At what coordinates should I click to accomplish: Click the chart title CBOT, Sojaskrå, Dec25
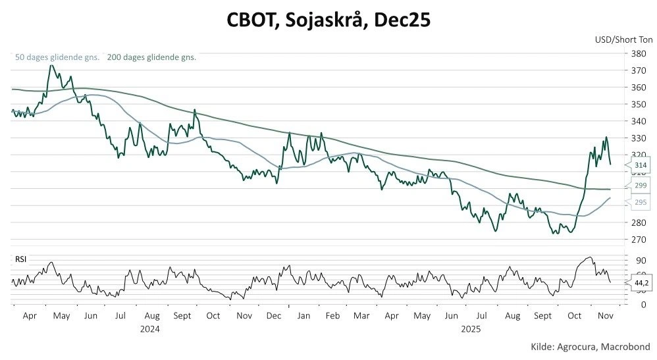(x=328, y=20)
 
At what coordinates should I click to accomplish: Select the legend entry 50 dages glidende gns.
(x=57, y=57)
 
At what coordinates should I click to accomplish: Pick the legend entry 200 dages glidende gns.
(x=151, y=57)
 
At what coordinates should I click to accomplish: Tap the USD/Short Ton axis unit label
(x=622, y=39)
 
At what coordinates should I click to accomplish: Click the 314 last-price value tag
(x=640, y=165)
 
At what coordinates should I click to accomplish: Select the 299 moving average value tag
(x=640, y=186)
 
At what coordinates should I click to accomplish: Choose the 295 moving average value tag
(x=640, y=203)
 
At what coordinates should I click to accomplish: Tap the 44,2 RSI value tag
(x=641, y=283)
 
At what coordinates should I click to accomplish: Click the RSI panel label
(x=20, y=260)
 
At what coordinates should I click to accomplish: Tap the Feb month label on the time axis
(x=332, y=316)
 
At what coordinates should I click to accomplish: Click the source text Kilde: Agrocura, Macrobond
(x=590, y=347)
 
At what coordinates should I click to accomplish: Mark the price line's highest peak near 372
(x=49, y=65)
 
